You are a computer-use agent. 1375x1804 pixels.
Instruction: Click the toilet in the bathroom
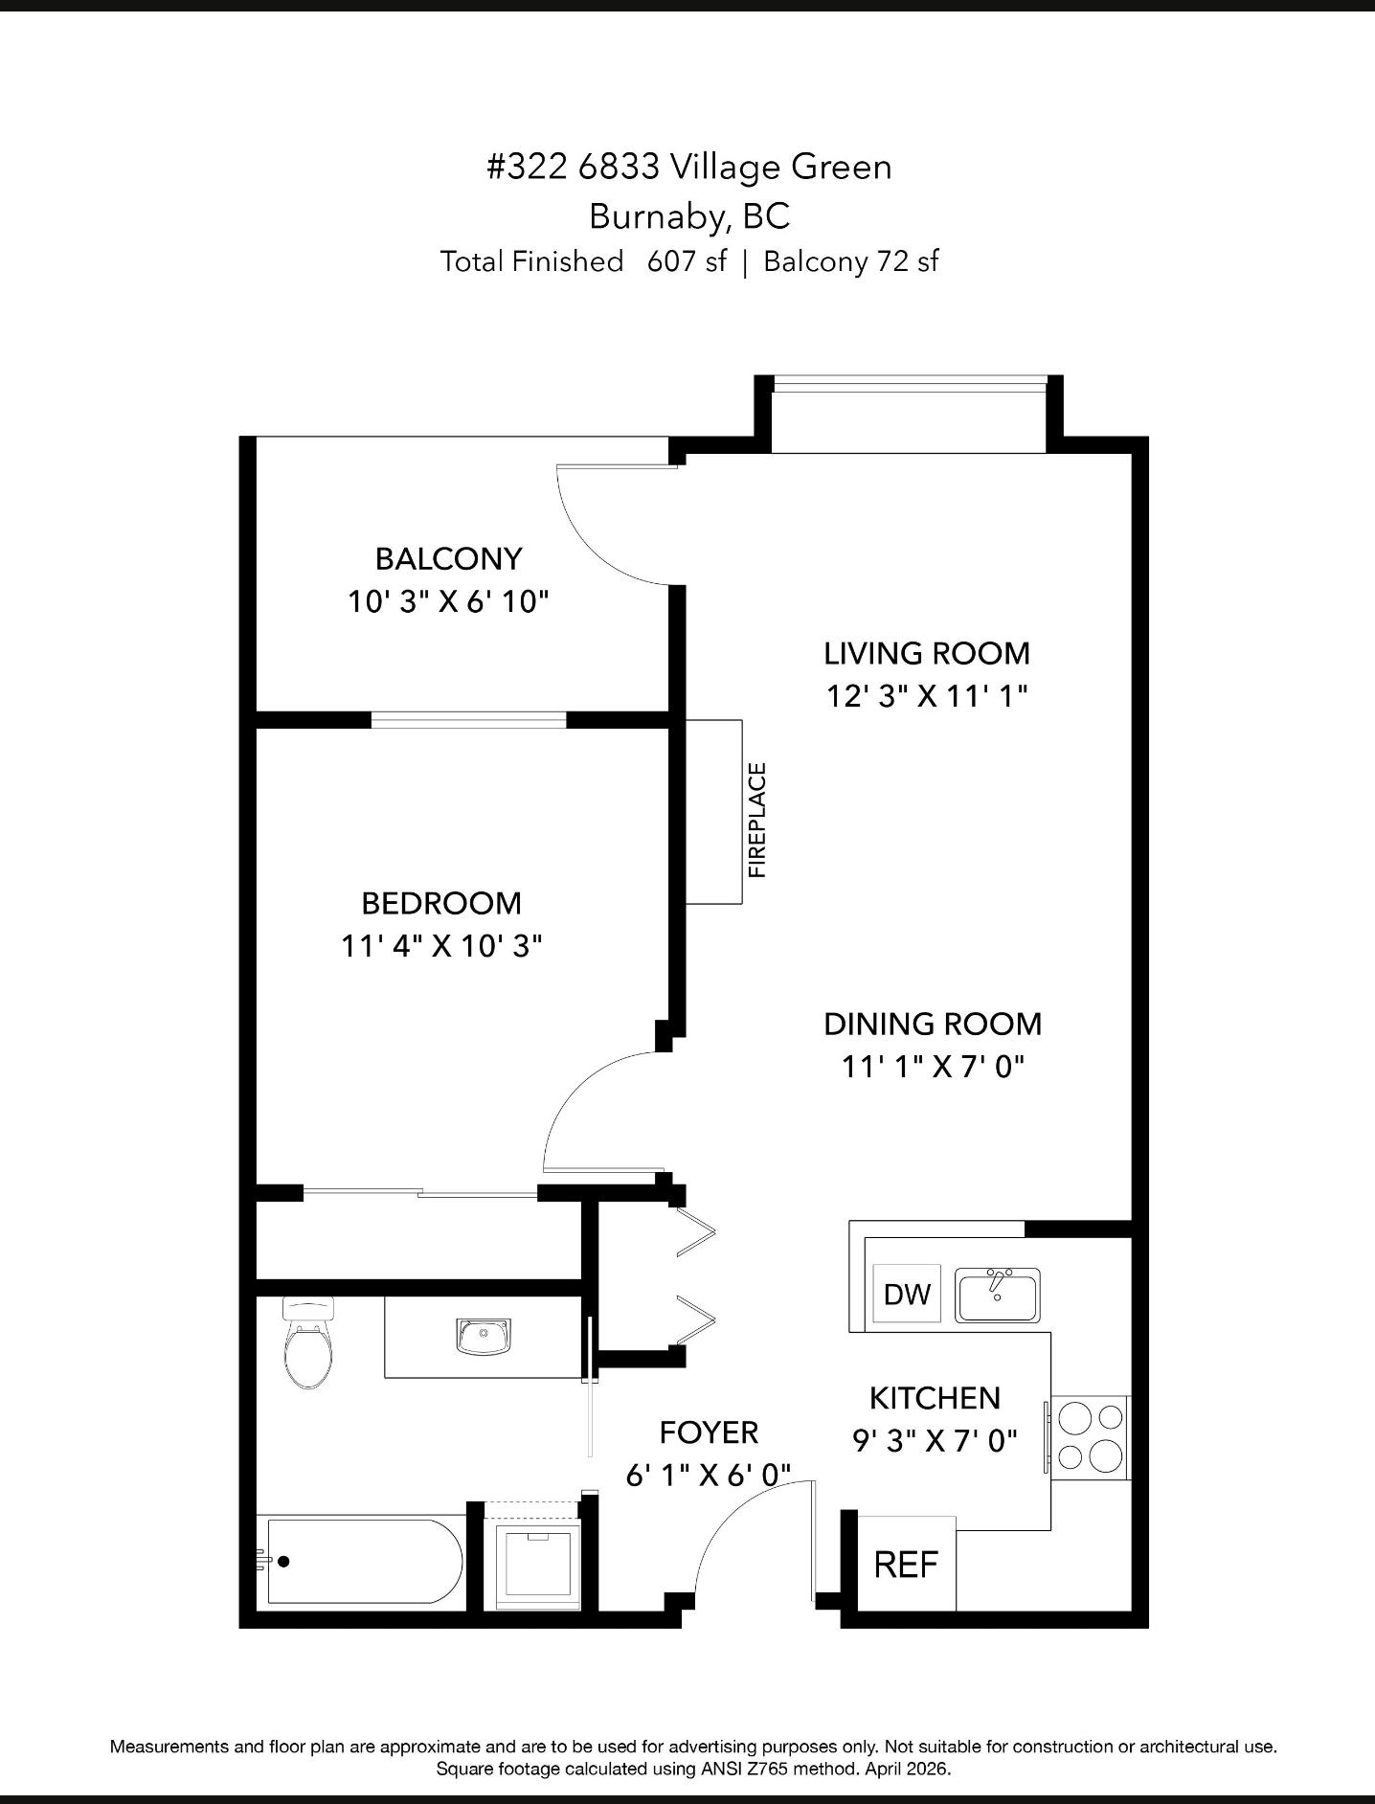tap(308, 1342)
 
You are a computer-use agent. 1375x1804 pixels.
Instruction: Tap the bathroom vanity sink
tap(484, 1336)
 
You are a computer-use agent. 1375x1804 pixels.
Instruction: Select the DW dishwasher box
tap(907, 1294)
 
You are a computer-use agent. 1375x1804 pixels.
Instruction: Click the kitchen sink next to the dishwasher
tap(997, 1294)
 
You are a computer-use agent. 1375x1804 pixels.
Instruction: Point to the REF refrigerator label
tap(906, 1565)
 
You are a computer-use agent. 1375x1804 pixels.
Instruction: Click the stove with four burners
tap(1091, 1436)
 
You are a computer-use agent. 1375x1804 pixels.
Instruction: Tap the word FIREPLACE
tap(757, 820)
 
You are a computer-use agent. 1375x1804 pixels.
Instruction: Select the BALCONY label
tap(448, 558)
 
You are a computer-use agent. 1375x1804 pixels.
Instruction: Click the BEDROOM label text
tap(441, 903)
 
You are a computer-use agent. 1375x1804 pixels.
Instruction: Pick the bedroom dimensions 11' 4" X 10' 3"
tap(441, 946)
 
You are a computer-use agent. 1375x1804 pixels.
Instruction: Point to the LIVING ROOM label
tap(927, 653)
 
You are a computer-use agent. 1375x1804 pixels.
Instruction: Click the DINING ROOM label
tap(933, 1024)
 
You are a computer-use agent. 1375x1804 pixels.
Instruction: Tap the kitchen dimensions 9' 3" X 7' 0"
tap(935, 1440)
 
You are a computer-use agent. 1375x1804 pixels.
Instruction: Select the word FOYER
tap(709, 1432)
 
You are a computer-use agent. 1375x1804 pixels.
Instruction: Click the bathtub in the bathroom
tap(365, 1561)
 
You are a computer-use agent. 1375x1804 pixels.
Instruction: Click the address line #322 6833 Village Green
tap(689, 167)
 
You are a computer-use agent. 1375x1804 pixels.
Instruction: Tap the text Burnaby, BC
tap(689, 216)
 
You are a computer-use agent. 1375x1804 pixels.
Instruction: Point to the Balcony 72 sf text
tap(851, 261)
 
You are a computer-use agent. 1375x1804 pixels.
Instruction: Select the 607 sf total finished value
tap(687, 260)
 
